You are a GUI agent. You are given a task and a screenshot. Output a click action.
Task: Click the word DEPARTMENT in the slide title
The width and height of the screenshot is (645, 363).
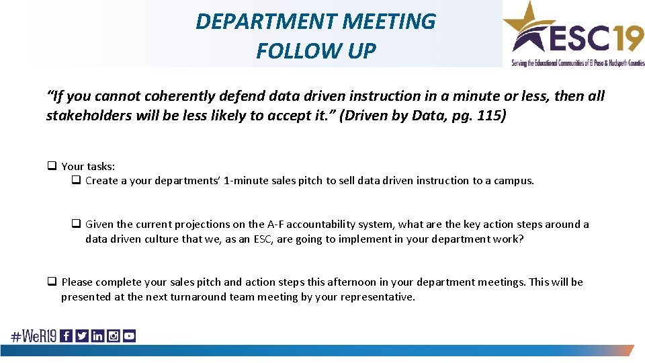[x=266, y=22]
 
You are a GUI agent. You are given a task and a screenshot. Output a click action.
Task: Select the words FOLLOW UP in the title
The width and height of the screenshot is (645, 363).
[x=316, y=50]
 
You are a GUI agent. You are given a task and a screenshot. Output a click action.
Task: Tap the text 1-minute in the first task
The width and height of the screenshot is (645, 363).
[x=246, y=180]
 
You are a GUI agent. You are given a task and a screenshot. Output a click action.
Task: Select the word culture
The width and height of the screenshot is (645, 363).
[x=162, y=239]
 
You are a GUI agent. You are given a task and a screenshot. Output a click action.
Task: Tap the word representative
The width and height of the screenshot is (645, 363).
[x=380, y=297]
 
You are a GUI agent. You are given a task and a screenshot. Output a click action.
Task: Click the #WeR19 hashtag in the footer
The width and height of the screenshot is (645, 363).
[x=33, y=336]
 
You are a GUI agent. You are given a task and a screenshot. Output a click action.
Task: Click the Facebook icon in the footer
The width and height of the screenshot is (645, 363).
[x=66, y=336]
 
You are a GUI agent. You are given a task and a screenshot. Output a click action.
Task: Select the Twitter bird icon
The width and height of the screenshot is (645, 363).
[x=81, y=336]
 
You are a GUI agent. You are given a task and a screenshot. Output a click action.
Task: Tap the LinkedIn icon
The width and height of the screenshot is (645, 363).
[x=97, y=336]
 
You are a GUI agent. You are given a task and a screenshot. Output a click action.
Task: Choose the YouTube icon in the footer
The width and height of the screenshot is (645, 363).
[x=129, y=336]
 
